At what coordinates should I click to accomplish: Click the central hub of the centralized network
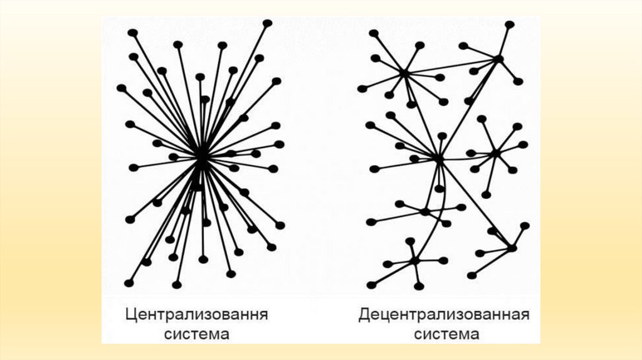tap(201, 156)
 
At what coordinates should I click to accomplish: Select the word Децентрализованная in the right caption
tap(444, 314)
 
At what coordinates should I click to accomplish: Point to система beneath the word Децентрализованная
tap(444, 334)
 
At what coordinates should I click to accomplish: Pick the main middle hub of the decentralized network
tap(438, 160)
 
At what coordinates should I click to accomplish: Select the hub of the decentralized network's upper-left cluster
tap(404, 74)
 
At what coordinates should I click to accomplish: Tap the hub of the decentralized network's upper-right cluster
tap(498, 59)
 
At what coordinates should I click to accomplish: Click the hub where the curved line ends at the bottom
tap(414, 260)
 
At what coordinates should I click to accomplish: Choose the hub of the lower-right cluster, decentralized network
tap(512, 248)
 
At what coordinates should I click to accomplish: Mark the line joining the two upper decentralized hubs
tap(451, 66)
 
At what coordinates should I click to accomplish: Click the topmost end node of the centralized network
tap(268, 23)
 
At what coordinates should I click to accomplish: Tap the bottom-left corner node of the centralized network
tap(129, 283)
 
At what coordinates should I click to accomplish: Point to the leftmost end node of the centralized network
tap(121, 88)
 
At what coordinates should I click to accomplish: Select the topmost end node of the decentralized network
tap(510, 24)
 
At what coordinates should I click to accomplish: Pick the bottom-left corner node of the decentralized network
tap(371, 285)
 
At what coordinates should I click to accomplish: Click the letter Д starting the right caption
tap(364, 314)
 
